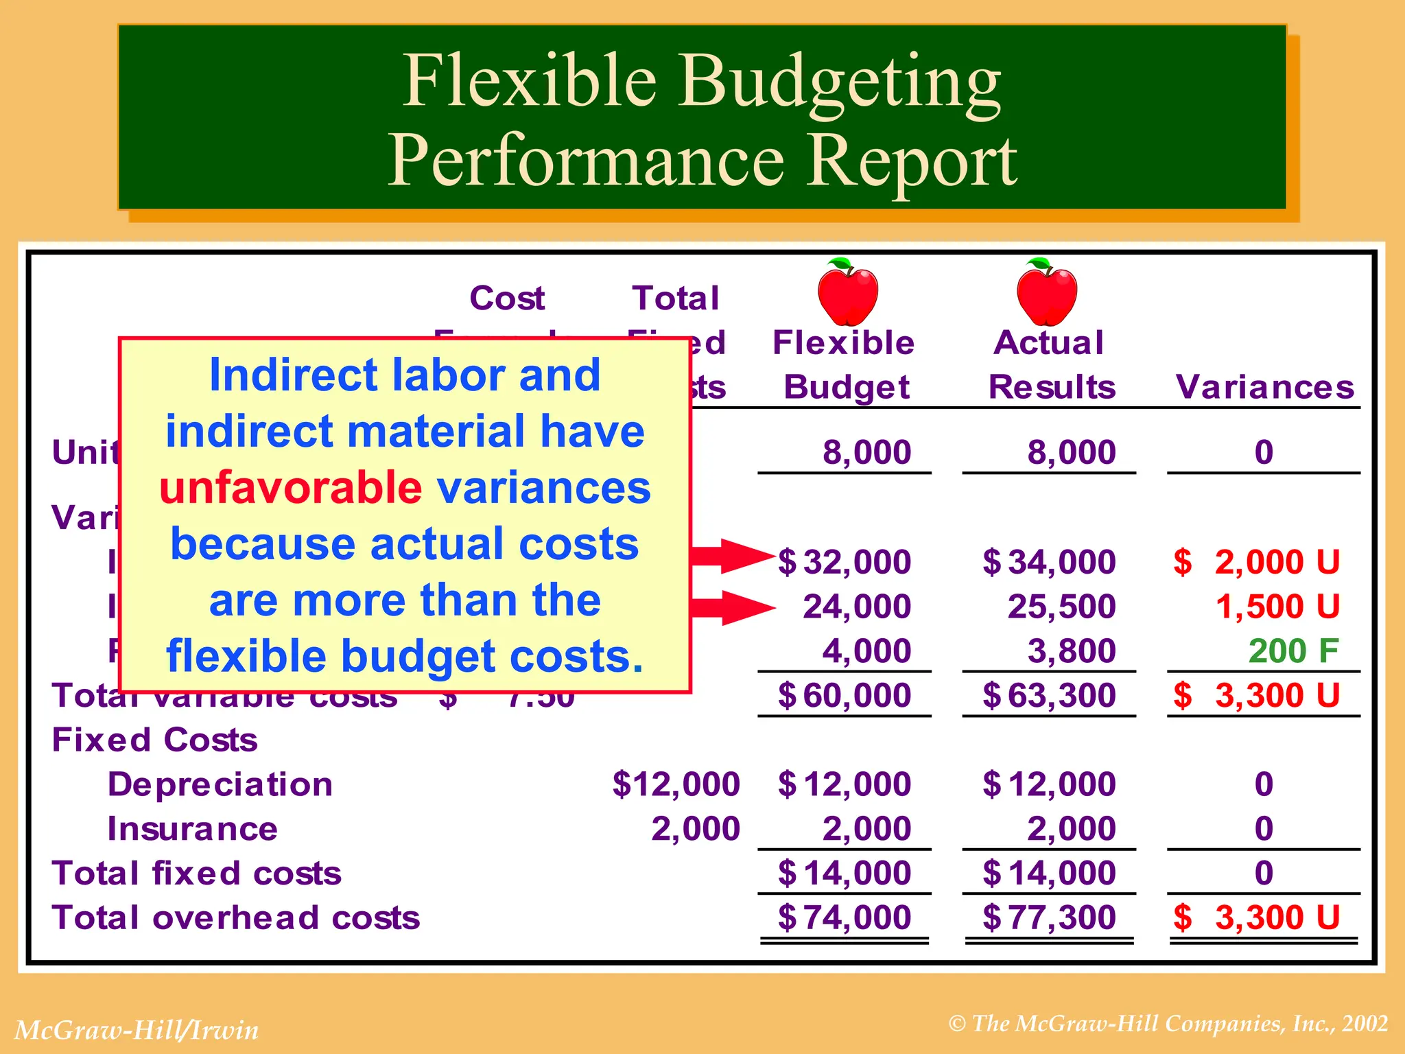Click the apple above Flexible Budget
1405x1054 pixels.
point(848,293)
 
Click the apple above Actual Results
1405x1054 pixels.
point(1047,293)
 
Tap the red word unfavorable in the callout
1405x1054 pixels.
point(290,488)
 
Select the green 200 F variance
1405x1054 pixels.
point(1293,651)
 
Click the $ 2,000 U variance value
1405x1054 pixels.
point(1257,562)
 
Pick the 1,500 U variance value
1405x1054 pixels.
point(1277,607)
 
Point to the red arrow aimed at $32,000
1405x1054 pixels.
point(731,556)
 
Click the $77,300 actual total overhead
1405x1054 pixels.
point(1049,917)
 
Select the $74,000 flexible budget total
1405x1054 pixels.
point(845,917)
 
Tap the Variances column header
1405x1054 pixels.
point(1265,387)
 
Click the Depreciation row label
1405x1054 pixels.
point(220,784)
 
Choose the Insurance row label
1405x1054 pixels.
point(193,829)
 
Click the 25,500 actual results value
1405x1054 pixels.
point(1061,607)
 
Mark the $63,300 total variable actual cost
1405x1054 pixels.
point(1049,695)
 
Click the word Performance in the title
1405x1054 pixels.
point(586,161)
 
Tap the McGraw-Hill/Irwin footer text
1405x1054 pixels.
point(137,1030)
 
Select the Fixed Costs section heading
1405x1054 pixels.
point(155,740)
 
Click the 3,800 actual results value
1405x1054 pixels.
point(1072,651)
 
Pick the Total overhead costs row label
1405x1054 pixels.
point(236,917)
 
